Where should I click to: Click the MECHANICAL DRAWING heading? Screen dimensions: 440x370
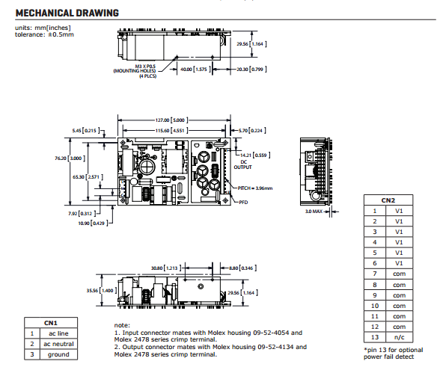67,13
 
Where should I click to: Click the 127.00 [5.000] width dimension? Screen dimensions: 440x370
172,120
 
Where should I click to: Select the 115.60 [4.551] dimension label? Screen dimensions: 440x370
172,130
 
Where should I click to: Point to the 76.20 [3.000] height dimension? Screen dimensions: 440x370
70,158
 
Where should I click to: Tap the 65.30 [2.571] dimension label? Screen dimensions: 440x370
88,177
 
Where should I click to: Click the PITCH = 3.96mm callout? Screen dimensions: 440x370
255,188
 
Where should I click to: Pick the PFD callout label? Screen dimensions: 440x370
243,202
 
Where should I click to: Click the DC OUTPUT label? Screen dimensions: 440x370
243,164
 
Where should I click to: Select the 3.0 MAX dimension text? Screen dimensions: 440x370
314,211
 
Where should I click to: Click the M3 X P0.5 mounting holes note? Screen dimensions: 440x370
135,71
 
